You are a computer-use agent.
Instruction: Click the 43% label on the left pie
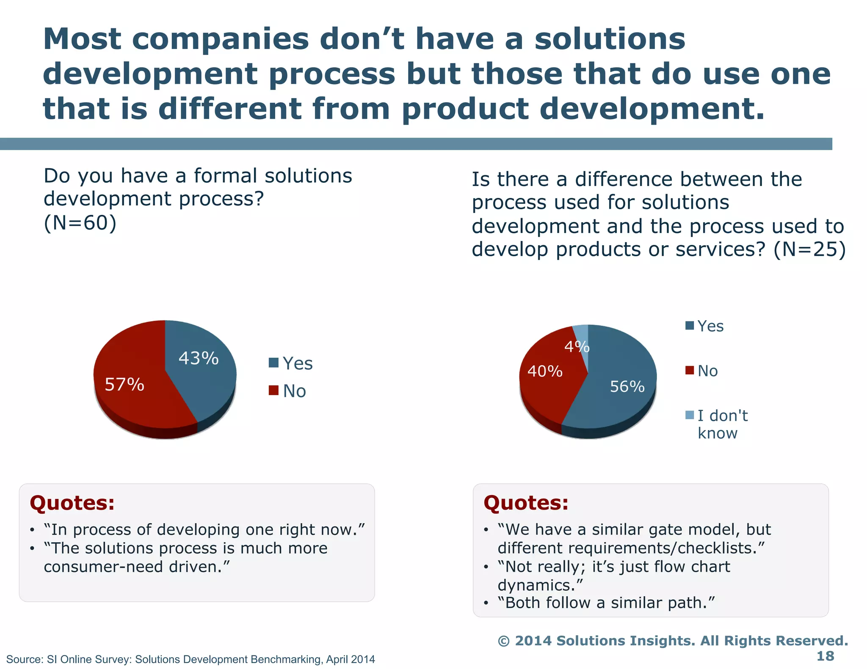(199, 358)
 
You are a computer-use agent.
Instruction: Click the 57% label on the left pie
(124, 384)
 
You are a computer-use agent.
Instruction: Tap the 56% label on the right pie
(627, 386)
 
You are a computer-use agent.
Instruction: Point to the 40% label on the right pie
(545, 371)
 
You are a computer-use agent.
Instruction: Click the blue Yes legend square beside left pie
(273, 363)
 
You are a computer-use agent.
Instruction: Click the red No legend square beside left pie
(273, 390)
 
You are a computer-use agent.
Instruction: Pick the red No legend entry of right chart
(707, 371)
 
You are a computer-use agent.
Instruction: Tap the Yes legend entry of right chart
(710, 326)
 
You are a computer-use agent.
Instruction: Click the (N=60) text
(80, 223)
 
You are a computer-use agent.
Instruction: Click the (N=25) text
(809, 249)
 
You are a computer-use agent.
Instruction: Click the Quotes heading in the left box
(72, 503)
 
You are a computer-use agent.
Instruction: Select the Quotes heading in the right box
(526, 503)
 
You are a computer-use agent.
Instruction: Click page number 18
(825, 656)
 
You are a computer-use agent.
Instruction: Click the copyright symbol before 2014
(503, 641)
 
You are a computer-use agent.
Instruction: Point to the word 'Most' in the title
(82, 39)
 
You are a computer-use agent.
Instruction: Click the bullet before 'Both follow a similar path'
(486, 603)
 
